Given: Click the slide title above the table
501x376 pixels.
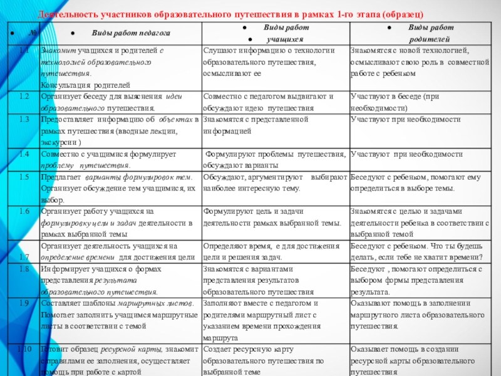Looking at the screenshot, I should click(230, 14).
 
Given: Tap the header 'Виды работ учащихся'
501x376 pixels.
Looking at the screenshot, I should click(276, 33).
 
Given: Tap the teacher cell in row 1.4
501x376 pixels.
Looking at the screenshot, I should click(119, 160).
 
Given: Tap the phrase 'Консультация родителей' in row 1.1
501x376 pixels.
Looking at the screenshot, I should click(85, 84).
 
